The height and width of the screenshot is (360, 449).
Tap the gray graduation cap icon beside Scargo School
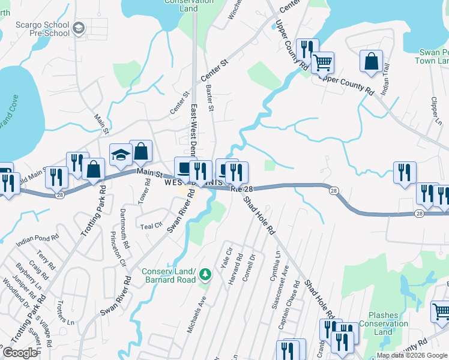click(79, 28)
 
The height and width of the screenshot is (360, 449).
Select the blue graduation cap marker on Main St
click(121, 155)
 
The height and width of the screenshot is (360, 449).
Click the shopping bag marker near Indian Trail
click(372, 61)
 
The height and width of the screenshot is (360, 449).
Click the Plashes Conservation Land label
click(388, 323)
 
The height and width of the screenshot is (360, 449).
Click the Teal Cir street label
click(151, 226)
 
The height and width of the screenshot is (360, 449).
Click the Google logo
click(20, 353)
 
